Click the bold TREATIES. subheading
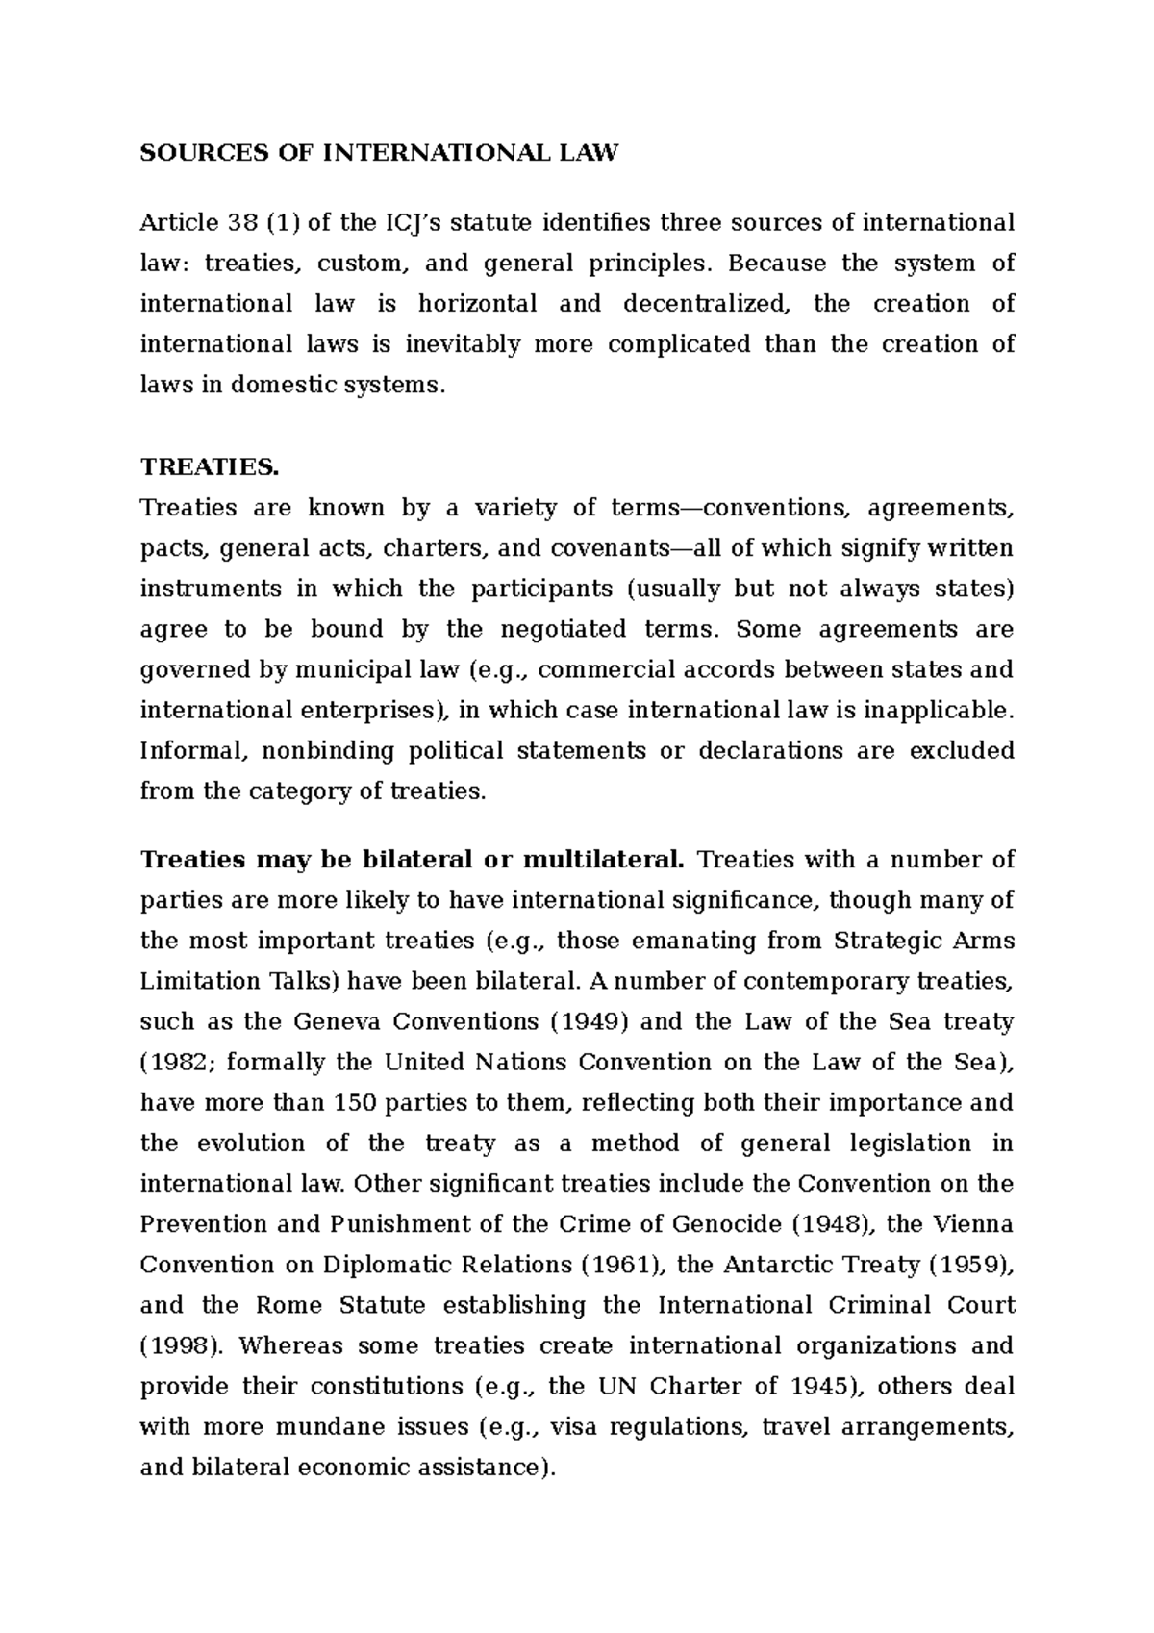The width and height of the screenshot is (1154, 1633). (x=209, y=467)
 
